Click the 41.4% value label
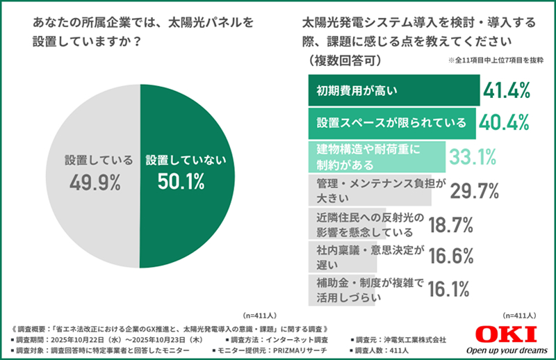point(508,90)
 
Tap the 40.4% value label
point(505,122)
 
